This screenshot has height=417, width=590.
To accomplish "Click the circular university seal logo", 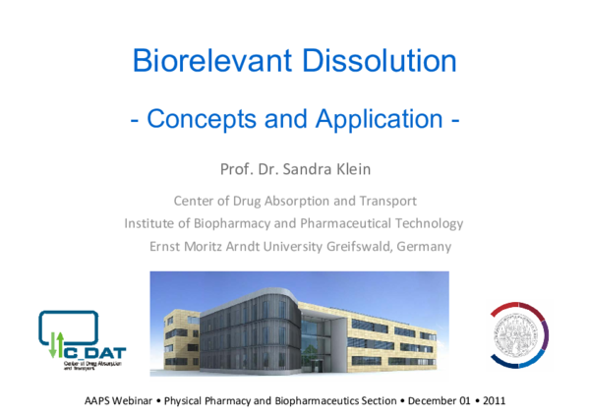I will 518,335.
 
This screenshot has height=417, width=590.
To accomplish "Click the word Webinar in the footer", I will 134,402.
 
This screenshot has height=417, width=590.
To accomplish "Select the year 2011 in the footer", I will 493,402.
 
